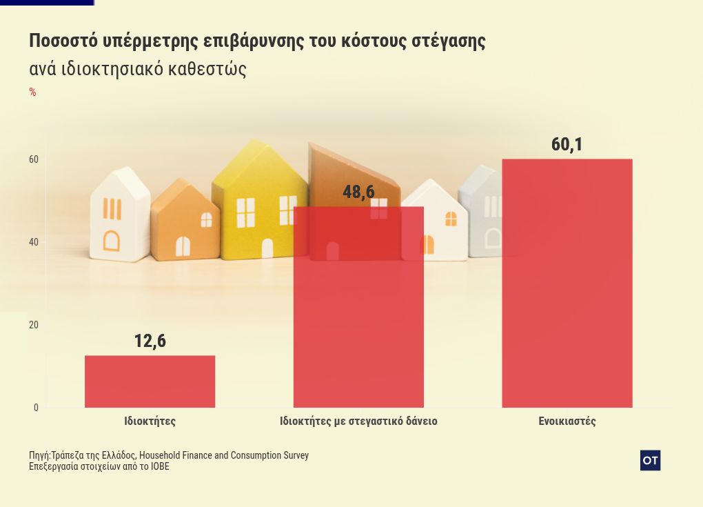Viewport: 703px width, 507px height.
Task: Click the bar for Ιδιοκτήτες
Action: [150, 381]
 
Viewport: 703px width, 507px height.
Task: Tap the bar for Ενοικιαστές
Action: [567, 283]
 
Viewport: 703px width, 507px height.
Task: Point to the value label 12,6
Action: [150, 341]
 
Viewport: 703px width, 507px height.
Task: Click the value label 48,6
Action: [358, 192]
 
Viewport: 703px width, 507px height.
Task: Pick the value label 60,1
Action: [567, 144]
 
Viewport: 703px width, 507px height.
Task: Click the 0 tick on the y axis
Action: [36, 408]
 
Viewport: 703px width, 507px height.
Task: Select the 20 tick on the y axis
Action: [34, 325]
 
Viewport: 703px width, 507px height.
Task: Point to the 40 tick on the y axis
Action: [34, 242]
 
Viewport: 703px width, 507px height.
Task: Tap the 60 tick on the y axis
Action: [34, 159]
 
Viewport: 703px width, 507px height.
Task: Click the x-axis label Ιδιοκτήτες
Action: [150, 421]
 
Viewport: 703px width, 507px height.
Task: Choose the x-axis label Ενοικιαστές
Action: [567, 421]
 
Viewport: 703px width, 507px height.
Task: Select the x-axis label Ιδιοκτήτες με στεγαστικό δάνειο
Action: [358, 421]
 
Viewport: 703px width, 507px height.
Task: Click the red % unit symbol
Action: [32, 92]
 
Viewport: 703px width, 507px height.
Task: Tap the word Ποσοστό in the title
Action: [63, 41]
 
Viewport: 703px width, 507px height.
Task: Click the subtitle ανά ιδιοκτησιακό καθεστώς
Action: [138, 70]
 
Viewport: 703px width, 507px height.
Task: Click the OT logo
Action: [650, 460]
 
